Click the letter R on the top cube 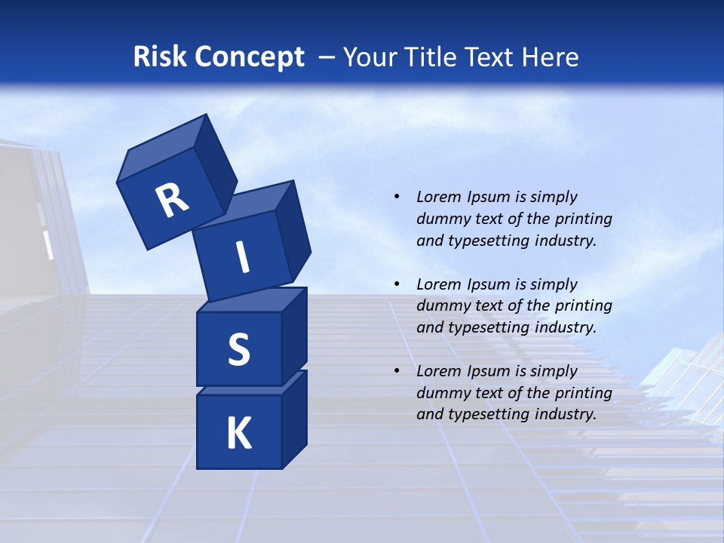(172, 201)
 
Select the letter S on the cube (238, 349)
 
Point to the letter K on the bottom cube (238, 434)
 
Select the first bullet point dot (397, 197)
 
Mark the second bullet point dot (397, 284)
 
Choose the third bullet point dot (397, 371)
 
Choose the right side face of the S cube (295, 334)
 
